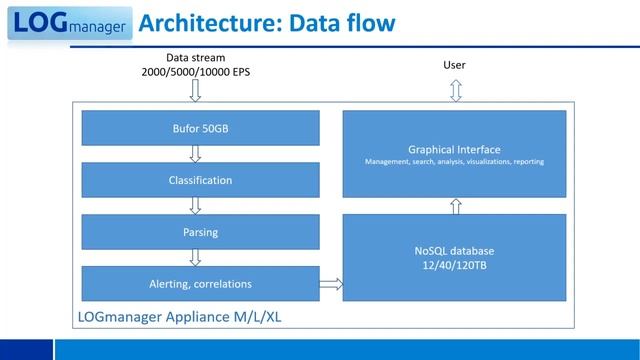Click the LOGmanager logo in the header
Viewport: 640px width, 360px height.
[68, 22]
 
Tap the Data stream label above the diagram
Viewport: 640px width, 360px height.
[195, 59]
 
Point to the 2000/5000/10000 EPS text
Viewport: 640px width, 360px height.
[195, 72]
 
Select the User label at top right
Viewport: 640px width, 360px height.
[454, 66]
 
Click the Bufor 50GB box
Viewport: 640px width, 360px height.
[200, 128]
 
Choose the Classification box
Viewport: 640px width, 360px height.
[200, 180]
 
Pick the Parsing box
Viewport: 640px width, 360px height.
[200, 232]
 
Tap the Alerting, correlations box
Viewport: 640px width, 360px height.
[200, 284]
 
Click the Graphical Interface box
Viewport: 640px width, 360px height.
[454, 153]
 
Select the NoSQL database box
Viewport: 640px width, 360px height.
[454, 257]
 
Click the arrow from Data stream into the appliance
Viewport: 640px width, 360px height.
[195, 91]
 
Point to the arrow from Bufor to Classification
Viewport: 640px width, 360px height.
[195, 154]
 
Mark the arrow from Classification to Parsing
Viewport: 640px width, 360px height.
[195, 206]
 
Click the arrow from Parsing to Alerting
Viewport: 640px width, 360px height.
[195, 258]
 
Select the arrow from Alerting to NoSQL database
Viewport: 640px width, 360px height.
[331, 285]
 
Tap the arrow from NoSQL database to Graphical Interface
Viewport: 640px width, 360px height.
[455, 206]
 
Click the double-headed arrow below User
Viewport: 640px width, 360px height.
[455, 91]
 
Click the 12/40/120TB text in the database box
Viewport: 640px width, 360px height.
[454, 264]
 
